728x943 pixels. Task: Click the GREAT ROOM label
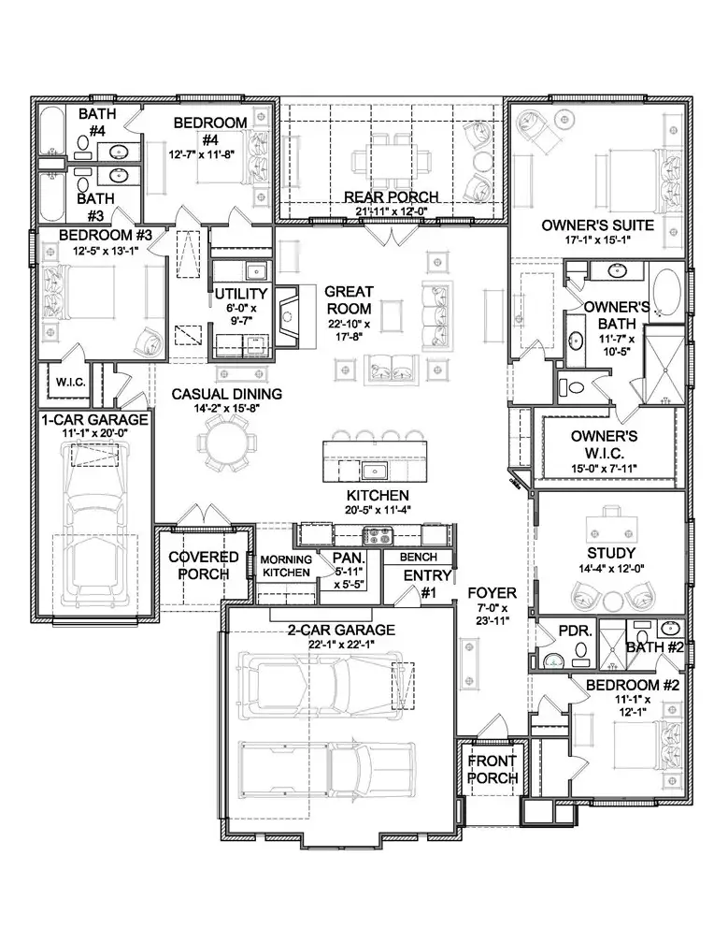coord(349,300)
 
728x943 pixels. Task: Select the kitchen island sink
coord(378,470)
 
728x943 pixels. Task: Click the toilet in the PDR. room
coord(552,660)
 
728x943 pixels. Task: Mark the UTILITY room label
coord(241,295)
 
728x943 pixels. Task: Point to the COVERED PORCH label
coord(204,565)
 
